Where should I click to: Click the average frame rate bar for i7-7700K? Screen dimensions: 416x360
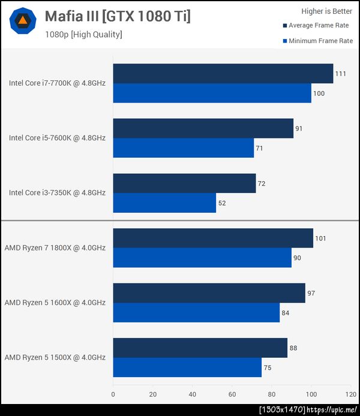point(223,74)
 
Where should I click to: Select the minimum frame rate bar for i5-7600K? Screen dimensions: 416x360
point(183,148)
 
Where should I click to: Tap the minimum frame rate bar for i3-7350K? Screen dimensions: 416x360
point(164,203)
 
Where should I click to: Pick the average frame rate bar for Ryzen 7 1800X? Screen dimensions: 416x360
point(213,238)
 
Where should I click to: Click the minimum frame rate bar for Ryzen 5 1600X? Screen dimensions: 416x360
point(196,313)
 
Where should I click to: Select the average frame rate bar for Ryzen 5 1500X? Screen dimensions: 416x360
point(200,348)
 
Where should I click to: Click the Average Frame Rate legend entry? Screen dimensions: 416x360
point(317,26)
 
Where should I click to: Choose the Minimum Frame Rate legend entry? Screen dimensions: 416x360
point(317,41)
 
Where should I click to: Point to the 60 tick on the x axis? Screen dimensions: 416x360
point(232,394)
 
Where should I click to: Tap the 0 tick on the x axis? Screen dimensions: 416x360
point(113,394)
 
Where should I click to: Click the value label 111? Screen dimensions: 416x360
point(341,74)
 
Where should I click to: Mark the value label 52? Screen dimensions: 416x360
point(223,203)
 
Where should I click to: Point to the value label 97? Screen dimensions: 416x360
point(311,293)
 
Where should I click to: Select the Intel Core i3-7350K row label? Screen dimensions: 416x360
point(57,192)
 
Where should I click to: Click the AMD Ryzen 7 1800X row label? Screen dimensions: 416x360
point(55,248)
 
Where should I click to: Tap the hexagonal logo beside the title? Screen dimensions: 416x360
point(23,21)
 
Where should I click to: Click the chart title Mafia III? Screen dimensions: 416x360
point(118,17)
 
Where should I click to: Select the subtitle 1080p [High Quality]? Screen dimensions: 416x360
point(83,35)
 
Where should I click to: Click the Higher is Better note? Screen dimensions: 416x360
point(326,11)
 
